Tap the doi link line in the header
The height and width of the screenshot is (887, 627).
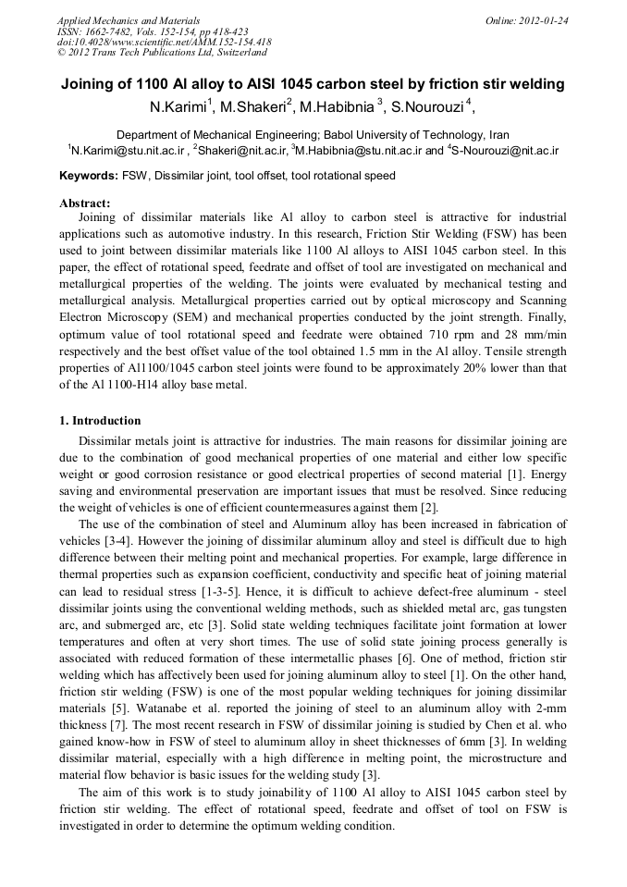pos(164,42)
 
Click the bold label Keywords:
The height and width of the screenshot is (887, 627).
pos(88,176)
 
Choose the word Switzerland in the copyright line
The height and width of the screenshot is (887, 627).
pos(239,53)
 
